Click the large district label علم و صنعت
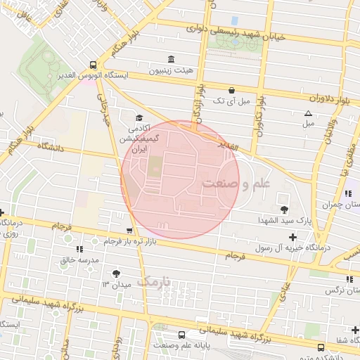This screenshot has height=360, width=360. coord(245,184)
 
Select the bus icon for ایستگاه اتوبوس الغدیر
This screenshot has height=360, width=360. coord(94,65)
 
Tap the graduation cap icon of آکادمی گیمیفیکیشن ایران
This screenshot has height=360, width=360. coord(139,118)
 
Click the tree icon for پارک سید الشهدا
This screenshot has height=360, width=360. coord(284,210)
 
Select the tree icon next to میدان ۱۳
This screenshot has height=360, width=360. coord(116,274)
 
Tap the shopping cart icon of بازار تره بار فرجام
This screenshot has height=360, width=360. coord(129,230)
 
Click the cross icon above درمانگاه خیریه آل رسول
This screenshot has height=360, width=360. coord(292,236)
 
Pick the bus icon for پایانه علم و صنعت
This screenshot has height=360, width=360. coord(182,335)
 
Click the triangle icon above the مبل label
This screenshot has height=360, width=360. coord(307,113)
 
